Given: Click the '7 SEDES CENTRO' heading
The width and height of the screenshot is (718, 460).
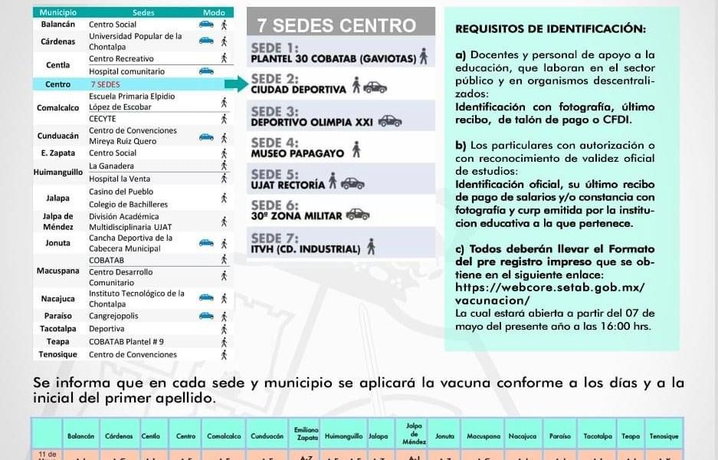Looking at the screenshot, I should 336,26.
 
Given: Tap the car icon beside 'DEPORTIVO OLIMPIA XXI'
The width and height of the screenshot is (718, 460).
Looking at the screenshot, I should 389,121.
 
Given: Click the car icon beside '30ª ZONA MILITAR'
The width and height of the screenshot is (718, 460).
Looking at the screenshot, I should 357,215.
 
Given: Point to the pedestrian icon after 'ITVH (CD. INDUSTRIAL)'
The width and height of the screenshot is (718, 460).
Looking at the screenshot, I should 371,247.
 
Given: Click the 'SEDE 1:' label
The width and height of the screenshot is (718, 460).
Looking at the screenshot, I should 275,48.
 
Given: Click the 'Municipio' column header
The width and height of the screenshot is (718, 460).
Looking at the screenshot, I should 58,13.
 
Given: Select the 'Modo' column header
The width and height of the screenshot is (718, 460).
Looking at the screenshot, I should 214,13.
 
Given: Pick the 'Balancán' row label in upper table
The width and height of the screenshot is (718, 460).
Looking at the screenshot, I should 58,25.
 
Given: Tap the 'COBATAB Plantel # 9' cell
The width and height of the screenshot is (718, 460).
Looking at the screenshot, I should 126,342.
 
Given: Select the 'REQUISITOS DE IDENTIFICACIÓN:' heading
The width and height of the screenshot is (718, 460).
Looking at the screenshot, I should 550,29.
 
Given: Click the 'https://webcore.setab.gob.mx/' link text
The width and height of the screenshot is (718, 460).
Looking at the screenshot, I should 549,287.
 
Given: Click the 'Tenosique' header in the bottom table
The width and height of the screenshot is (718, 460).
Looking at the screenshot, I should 663,436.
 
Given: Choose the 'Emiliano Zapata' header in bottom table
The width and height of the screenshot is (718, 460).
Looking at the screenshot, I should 301,433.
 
